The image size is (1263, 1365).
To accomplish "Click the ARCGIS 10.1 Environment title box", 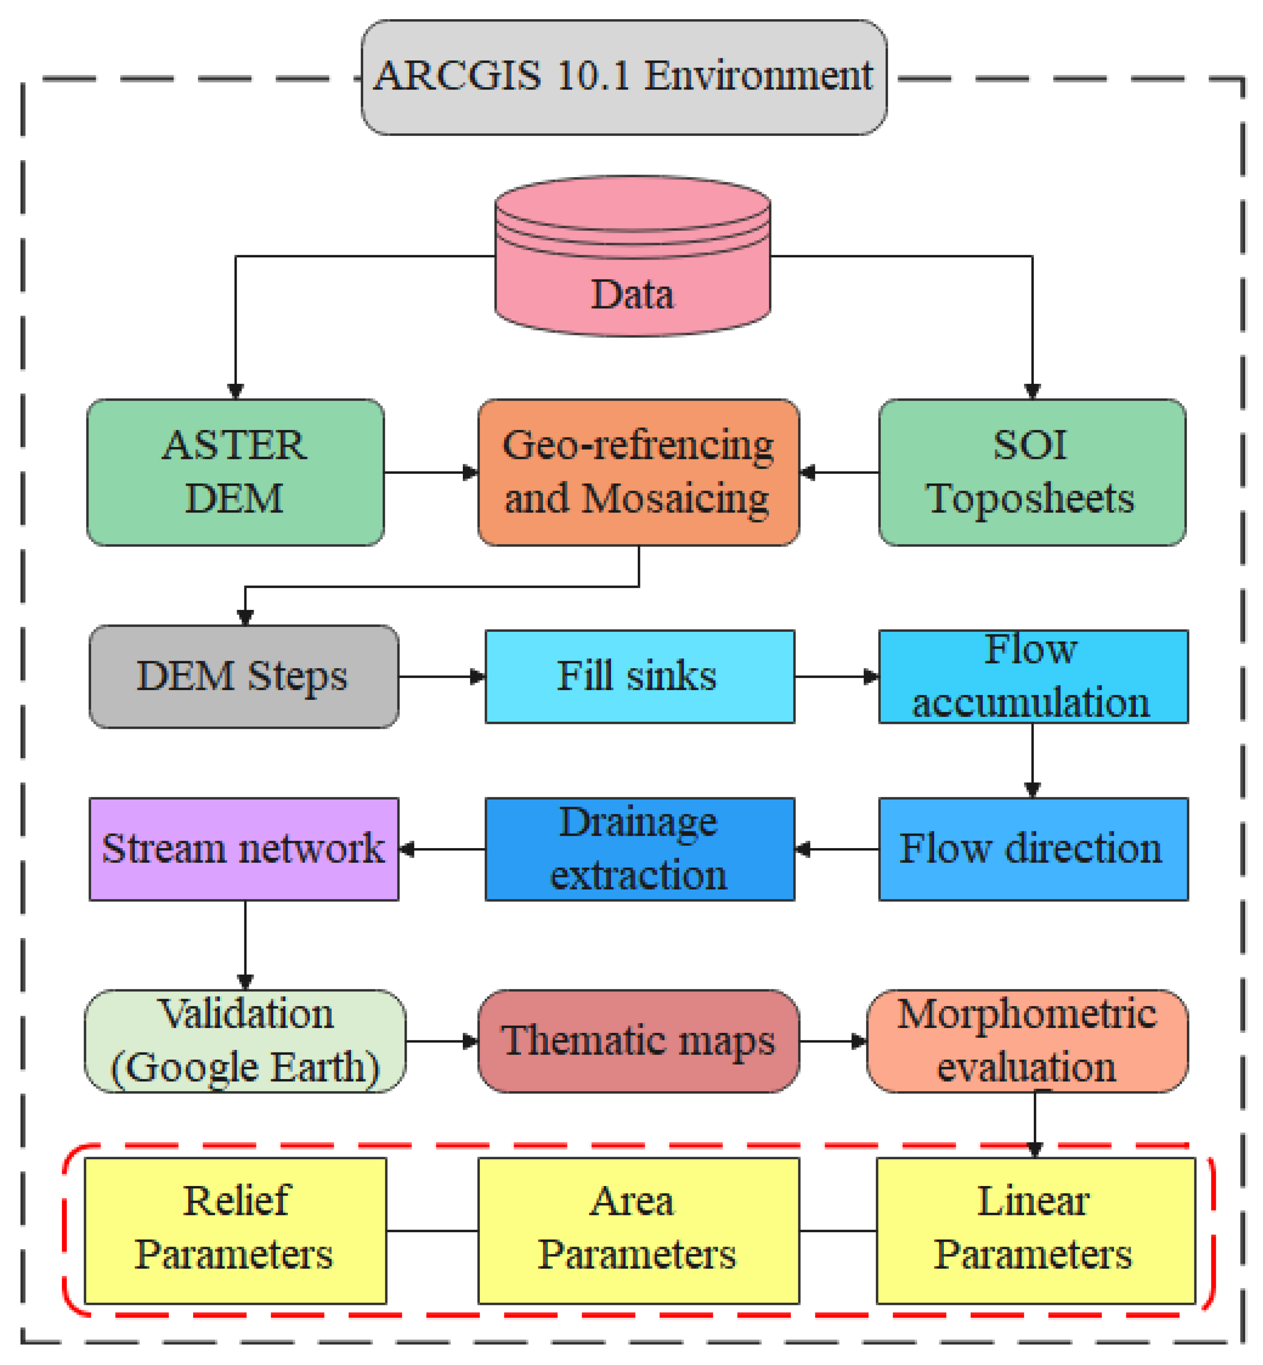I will (623, 77).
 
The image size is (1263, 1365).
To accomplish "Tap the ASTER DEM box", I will (235, 472).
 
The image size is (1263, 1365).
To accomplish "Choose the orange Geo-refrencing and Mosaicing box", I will (638, 472).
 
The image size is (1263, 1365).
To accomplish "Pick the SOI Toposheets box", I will (1031, 472).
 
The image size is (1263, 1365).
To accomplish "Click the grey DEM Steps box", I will (243, 676).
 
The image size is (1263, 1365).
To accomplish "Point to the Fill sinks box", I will (639, 676).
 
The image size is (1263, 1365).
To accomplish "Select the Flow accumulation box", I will (1032, 676).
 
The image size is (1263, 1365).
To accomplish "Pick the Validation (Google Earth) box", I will (245, 1040).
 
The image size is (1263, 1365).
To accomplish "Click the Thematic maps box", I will (638, 1040).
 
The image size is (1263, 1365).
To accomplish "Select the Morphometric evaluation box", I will (1027, 1040).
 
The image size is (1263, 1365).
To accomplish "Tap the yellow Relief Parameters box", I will (235, 1231).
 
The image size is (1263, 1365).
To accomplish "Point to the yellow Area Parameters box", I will (638, 1231).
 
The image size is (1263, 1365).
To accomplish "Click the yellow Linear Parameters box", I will (1035, 1231).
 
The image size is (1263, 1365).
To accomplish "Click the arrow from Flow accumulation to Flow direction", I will (1032, 760).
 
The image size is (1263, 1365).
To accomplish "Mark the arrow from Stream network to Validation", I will (245, 944).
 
